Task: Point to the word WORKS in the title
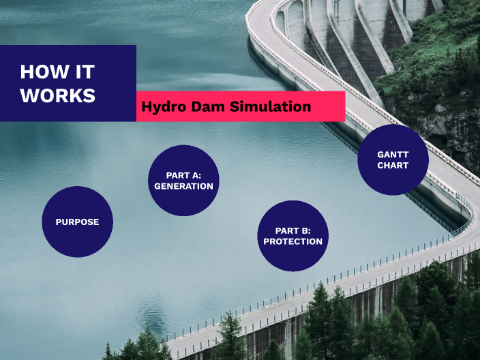[x=58, y=96]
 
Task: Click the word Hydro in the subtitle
[x=162, y=107]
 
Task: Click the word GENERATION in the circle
[x=183, y=186]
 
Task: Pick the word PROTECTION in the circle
[x=292, y=241]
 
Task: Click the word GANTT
[x=393, y=155]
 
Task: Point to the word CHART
[x=393, y=166]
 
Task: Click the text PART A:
[x=183, y=175]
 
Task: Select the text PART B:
[x=292, y=230]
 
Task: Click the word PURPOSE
[x=77, y=222]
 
